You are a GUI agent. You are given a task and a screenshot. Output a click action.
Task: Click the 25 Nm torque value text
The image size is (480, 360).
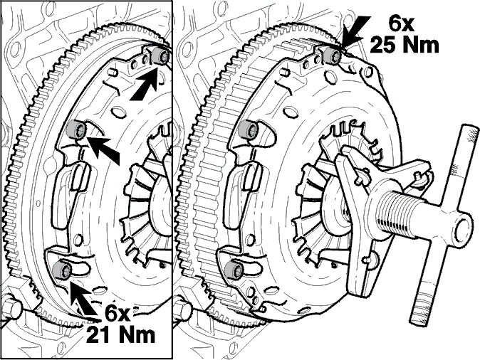coord(405,46)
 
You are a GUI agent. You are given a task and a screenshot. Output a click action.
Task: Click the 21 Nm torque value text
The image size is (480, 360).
coord(120,335)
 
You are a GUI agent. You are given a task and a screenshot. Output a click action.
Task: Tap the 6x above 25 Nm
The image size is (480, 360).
coord(402,23)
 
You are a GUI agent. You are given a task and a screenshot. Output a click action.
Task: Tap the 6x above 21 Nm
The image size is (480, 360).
coord(118,313)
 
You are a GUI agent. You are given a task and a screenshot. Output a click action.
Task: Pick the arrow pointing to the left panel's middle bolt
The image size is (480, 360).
coord(103,149)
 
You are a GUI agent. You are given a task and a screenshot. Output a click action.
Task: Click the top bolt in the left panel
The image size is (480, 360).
coord(160,55)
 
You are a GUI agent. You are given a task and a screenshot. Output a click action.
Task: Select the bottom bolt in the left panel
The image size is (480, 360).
coord(63,270)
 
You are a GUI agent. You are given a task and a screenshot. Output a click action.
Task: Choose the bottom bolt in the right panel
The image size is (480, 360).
coord(234,270)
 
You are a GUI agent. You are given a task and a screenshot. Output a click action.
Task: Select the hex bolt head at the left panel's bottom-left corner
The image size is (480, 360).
coord(11,308)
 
